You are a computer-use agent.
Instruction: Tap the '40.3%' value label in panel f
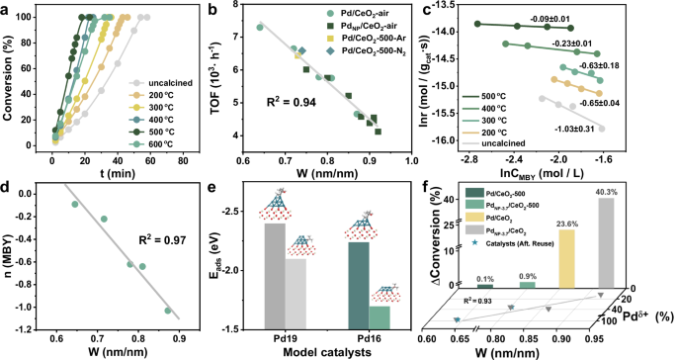point(604,192)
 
